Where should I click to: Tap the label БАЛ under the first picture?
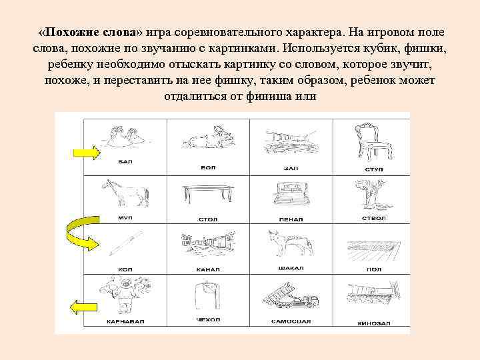click(125, 163)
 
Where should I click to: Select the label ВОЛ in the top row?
click(208, 167)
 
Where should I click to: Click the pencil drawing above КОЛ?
click(125, 243)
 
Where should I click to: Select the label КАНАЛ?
click(207, 269)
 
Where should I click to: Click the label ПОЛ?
click(374, 270)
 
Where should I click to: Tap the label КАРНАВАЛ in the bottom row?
click(125, 321)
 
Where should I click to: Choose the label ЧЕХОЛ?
click(207, 320)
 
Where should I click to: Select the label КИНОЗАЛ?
click(374, 322)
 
